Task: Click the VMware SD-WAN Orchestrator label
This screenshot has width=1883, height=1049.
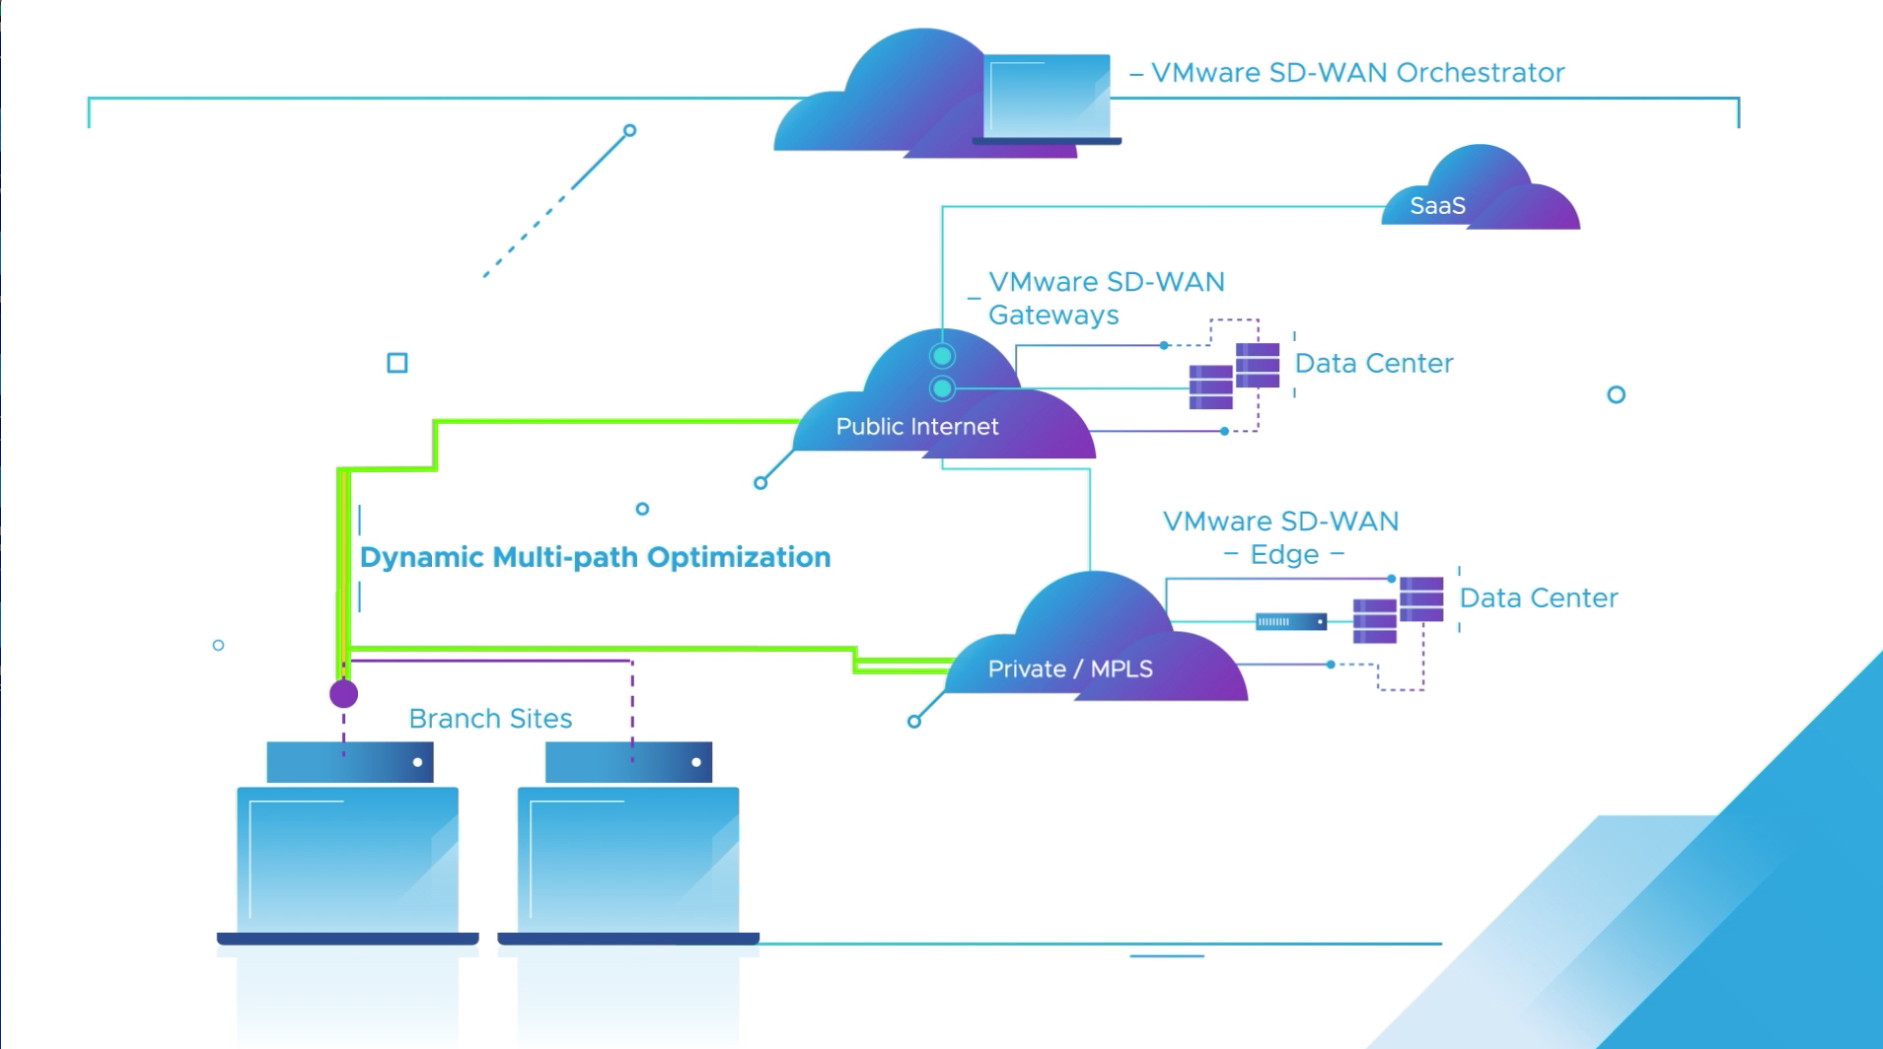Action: (x=1357, y=73)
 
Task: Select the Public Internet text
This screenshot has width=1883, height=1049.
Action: (x=916, y=427)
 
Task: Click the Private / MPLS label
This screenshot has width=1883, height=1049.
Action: (x=1070, y=669)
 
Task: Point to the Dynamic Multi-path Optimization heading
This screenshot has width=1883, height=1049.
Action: (x=595, y=558)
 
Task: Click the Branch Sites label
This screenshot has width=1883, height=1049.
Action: (x=490, y=719)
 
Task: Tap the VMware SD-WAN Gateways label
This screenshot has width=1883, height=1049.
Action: (x=1105, y=298)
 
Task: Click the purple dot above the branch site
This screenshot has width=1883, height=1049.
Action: (x=343, y=694)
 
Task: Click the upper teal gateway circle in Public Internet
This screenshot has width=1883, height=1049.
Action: (x=942, y=356)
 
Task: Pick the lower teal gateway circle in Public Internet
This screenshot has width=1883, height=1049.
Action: (x=942, y=389)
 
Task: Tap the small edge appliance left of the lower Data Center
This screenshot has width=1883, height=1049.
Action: (x=1290, y=622)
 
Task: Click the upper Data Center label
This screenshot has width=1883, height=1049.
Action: (x=1373, y=364)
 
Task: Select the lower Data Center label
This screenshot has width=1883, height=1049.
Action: (x=1538, y=598)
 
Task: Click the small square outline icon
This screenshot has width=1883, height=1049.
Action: (x=398, y=364)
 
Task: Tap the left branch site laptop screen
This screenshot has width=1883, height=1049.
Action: (x=347, y=858)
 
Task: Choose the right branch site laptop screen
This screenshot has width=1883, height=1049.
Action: (x=628, y=858)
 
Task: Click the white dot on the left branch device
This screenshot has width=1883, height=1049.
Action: (x=417, y=762)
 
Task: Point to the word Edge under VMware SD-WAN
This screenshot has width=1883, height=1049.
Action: (x=1284, y=555)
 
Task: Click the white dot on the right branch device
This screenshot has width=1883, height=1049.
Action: (x=696, y=762)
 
